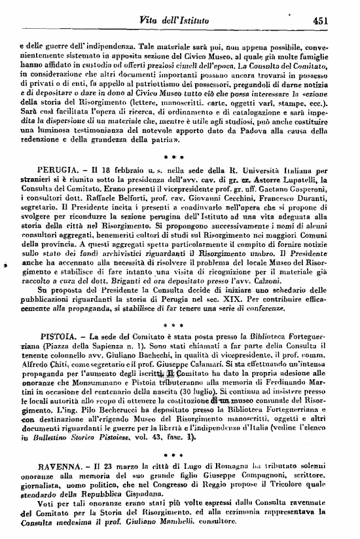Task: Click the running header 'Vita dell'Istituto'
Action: point(173,21)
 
